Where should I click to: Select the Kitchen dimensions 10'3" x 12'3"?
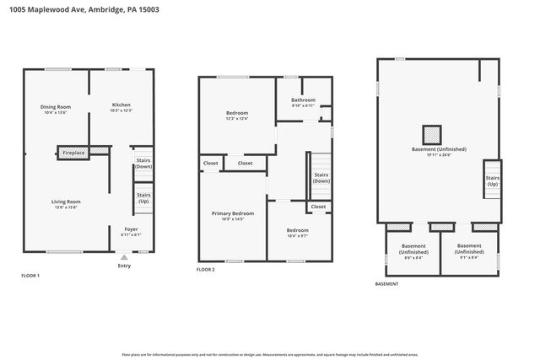pyautogui.click(x=121, y=111)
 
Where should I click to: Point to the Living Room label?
pyautogui.click(x=66, y=201)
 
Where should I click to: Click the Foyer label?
pyautogui.click(x=131, y=228)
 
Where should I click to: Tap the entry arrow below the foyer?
pyautogui.click(x=124, y=257)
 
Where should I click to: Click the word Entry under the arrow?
pyautogui.click(x=124, y=266)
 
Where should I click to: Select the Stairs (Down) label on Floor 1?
pyautogui.click(x=143, y=164)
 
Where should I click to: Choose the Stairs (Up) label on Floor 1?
pyautogui.click(x=143, y=199)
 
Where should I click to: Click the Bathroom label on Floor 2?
pyautogui.click(x=303, y=100)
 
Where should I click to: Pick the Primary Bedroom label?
pyautogui.click(x=232, y=214)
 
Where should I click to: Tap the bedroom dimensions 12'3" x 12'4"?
pyautogui.click(x=237, y=119)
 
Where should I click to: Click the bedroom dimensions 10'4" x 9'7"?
pyautogui.click(x=296, y=235)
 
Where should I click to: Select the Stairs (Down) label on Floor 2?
pyautogui.click(x=321, y=178)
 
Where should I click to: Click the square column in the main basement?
pyautogui.click(x=432, y=134)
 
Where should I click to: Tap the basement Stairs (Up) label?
pyautogui.click(x=492, y=180)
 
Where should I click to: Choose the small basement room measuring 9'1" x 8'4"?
pyautogui.click(x=468, y=251)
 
